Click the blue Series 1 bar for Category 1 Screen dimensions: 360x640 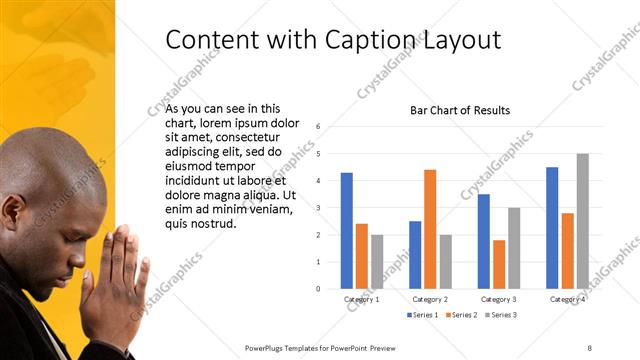pos(346,231)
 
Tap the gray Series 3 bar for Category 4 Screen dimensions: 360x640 pos(582,221)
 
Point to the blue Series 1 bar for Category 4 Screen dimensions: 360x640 pos(552,228)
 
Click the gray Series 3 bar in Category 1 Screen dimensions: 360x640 pos(377,262)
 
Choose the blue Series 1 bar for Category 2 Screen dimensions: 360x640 pos(415,255)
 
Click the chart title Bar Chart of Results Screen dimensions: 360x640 pos(460,110)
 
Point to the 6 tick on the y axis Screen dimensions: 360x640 pos(317,127)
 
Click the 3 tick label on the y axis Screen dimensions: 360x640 pos(317,208)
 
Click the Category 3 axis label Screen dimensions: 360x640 pos(498,299)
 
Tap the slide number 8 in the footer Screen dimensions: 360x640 pos(589,347)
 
